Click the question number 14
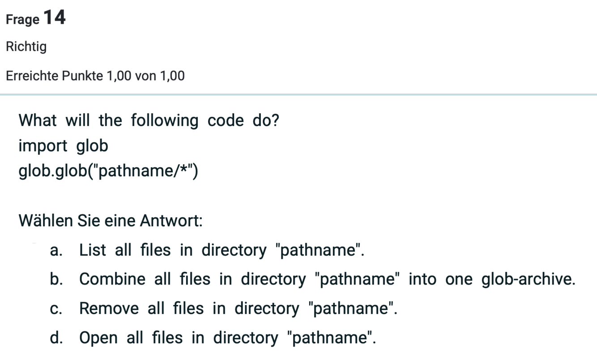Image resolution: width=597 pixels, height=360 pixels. [x=55, y=18]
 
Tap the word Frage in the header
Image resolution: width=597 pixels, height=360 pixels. [x=22, y=20]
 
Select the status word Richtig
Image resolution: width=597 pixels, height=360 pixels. [x=26, y=47]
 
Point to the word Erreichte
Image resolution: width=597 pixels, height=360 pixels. [x=32, y=76]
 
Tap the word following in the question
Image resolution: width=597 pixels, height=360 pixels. [x=164, y=121]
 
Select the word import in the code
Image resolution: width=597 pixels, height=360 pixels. [x=43, y=146]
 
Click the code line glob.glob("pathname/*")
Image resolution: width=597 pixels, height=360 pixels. [x=108, y=171]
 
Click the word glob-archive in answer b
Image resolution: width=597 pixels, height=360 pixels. [x=528, y=280]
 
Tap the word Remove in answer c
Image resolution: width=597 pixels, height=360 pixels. [x=109, y=309]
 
